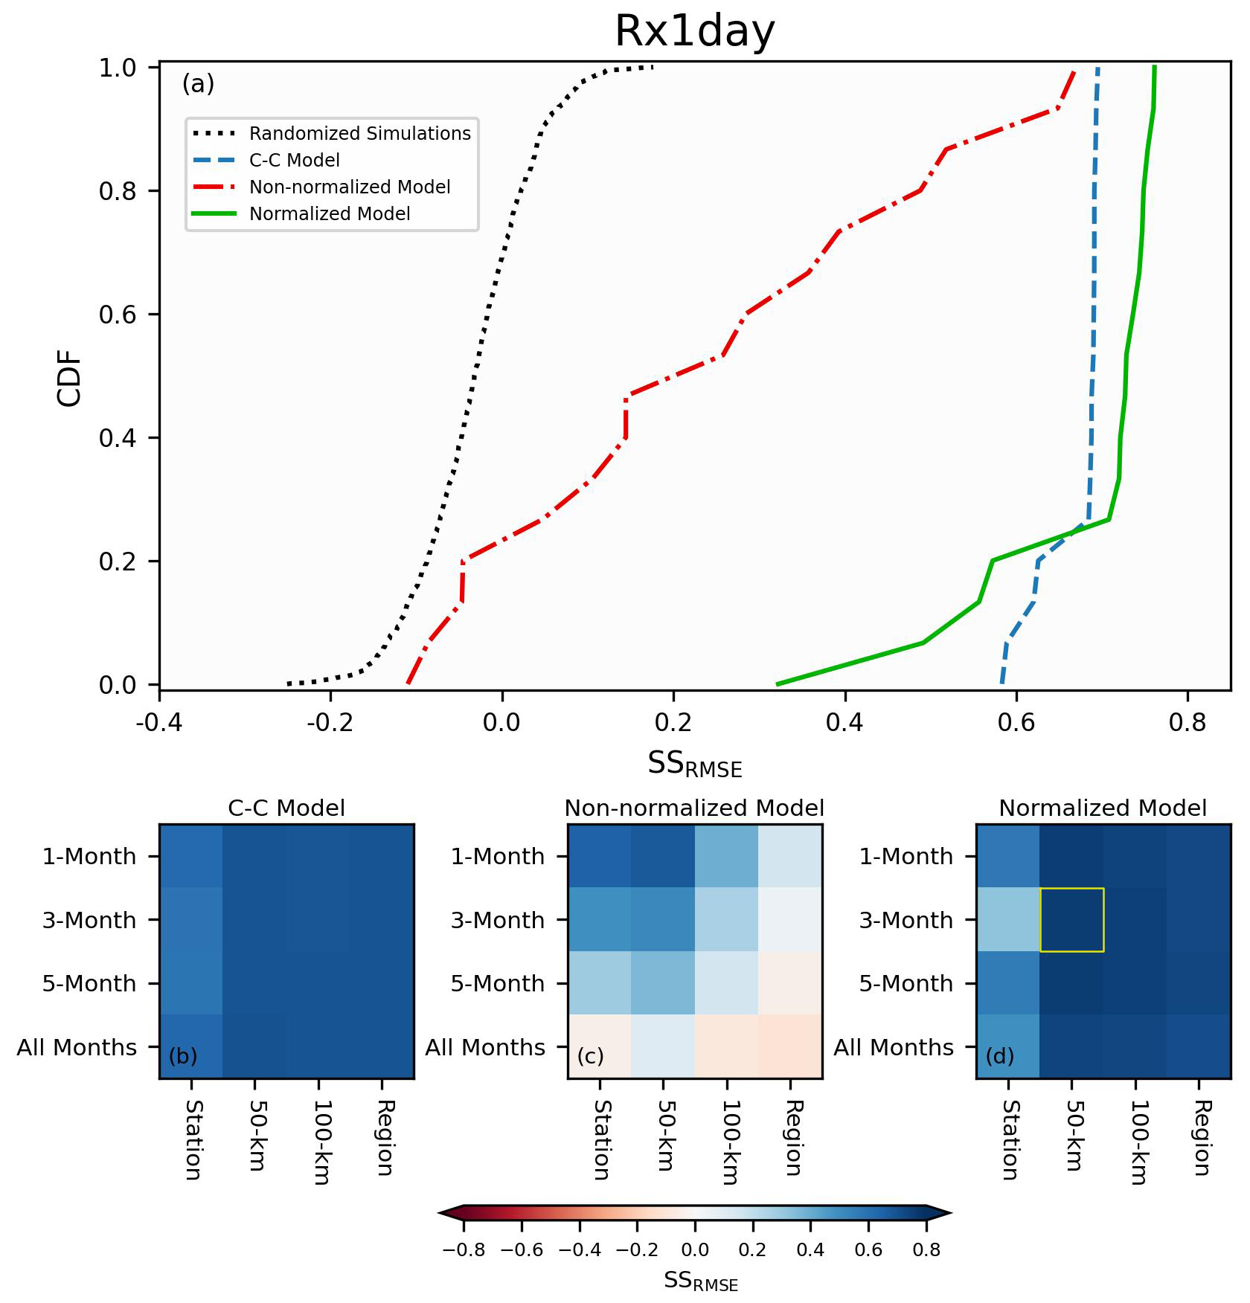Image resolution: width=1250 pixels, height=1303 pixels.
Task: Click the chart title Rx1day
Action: tap(695, 31)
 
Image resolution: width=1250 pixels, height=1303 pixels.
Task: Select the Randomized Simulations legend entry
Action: tap(359, 134)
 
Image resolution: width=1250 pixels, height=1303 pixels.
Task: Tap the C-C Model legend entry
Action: tap(294, 161)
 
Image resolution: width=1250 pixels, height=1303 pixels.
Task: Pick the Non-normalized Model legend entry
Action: tap(349, 187)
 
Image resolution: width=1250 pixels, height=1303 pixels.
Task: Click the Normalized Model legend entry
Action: tap(329, 214)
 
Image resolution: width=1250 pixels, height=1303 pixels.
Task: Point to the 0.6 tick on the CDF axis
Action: tap(118, 315)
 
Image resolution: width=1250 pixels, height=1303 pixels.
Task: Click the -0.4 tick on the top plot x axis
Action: tap(159, 722)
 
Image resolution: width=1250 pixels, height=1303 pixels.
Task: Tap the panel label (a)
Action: tap(198, 84)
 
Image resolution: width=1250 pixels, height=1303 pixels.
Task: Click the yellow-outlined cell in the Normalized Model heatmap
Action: tap(1072, 920)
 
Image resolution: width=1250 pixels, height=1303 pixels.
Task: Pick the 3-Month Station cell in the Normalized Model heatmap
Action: tap(1008, 920)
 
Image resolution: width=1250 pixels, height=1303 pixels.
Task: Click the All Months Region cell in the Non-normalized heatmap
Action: tap(790, 1046)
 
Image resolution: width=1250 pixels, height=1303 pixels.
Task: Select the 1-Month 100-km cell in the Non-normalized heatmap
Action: tap(727, 856)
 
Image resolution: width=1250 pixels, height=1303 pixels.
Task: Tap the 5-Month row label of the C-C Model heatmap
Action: tap(89, 984)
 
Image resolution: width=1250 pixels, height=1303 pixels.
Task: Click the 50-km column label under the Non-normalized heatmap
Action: tap(665, 1135)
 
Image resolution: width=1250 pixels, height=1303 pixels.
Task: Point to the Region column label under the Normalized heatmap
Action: tap(1201, 1138)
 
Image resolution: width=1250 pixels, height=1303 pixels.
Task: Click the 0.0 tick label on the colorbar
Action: tap(695, 1249)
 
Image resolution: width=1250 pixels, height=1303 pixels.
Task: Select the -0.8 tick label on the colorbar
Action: tap(464, 1249)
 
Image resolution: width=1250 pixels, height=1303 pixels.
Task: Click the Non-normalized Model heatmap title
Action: tap(694, 808)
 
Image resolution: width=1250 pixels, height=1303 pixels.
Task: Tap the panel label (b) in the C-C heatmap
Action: tap(183, 1056)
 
